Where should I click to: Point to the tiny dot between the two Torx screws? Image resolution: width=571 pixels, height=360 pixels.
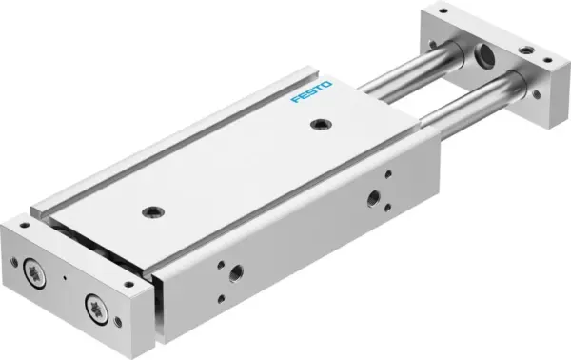pos(64,279)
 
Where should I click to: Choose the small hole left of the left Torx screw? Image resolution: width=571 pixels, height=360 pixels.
pos(15,258)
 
